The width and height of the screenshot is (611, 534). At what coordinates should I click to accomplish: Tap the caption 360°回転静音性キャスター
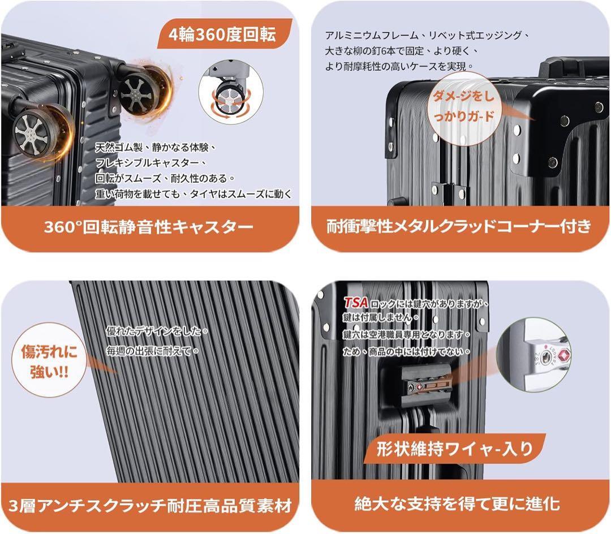pyautogui.click(x=149, y=227)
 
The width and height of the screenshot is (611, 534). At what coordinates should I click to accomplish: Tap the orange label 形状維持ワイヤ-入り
pyautogui.click(x=455, y=449)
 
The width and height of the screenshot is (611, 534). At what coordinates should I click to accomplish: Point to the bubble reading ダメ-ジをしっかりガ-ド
pyautogui.click(x=463, y=107)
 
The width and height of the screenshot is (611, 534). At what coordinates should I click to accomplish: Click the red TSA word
pyautogui.click(x=356, y=303)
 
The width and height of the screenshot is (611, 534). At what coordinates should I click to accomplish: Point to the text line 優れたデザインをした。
pyautogui.click(x=158, y=331)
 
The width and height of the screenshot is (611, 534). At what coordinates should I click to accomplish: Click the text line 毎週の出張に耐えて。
pyautogui.click(x=153, y=351)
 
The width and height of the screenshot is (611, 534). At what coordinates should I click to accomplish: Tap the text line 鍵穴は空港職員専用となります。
pyautogui.click(x=407, y=335)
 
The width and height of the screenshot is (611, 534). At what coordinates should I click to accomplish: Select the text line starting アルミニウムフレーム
pyautogui.click(x=428, y=35)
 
